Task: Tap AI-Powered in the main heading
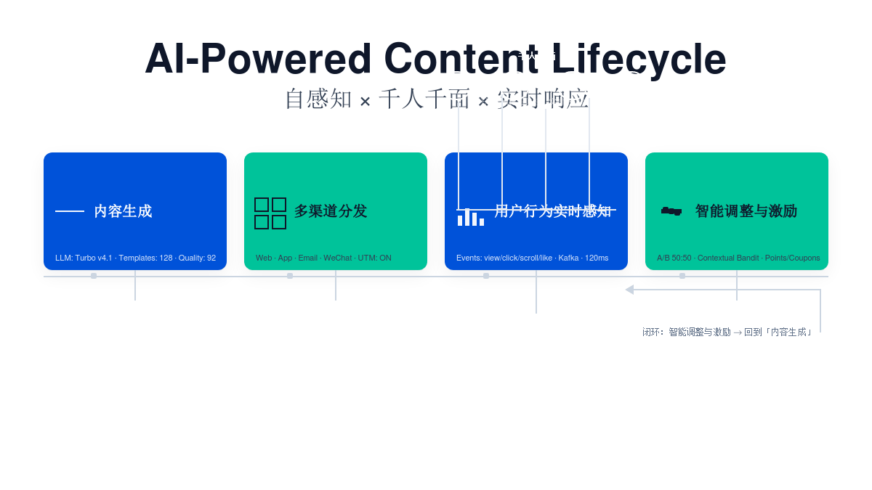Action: point(258,59)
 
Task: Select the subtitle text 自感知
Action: point(318,99)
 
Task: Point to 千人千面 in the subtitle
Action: point(424,99)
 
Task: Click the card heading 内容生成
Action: point(123,211)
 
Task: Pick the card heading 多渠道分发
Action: point(331,211)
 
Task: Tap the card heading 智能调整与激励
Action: point(746,211)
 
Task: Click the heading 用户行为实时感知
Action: point(552,211)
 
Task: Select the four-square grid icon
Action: point(270,213)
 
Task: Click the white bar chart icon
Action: point(471,217)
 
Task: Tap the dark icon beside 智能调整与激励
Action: point(671,211)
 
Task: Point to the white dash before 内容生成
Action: point(70,211)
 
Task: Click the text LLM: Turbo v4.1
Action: point(84,258)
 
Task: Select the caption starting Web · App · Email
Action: point(323,258)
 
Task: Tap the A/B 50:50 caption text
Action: point(674,258)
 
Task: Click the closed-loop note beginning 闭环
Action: point(727,332)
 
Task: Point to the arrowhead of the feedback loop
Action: point(629,290)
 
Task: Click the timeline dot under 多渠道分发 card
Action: point(290,276)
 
